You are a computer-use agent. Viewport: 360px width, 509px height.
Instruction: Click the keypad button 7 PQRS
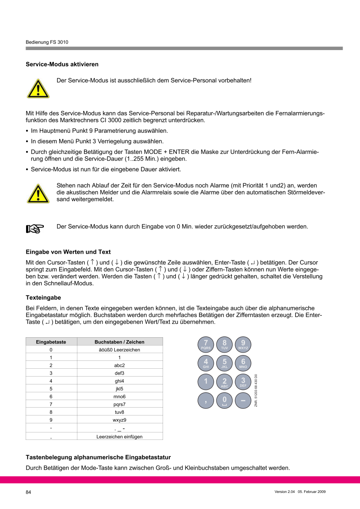(206, 344)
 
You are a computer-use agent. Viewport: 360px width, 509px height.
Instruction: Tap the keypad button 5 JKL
(224, 363)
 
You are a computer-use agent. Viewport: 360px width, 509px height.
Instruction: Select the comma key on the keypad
(206, 400)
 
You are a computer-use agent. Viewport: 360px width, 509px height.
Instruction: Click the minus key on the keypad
(243, 400)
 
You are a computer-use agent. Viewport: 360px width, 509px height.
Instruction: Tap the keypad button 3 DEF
(243, 382)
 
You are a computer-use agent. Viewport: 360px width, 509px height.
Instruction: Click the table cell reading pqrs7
(119, 404)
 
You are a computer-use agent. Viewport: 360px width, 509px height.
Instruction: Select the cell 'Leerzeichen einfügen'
(119, 436)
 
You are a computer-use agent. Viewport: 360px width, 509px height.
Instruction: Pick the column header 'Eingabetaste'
(51, 342)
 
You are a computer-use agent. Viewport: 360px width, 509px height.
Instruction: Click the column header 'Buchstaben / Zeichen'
(119, 342)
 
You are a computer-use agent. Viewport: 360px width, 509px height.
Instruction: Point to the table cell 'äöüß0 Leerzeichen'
(119, 350)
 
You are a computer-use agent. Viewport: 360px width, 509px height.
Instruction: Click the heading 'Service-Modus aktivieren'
(62, 65)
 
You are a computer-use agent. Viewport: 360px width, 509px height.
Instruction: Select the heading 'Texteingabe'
(43, 298)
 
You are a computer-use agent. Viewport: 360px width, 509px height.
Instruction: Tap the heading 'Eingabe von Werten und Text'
(68, 252)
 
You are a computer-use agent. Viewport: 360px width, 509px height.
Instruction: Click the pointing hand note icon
(35, 228)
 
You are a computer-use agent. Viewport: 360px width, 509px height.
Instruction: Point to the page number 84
(29, 492)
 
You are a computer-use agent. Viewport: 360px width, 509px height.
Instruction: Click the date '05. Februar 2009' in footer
(312, 492)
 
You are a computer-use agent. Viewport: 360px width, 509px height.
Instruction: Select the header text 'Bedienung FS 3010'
(47, 42)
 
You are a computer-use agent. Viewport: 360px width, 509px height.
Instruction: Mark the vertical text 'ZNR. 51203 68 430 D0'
(256, 390)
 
